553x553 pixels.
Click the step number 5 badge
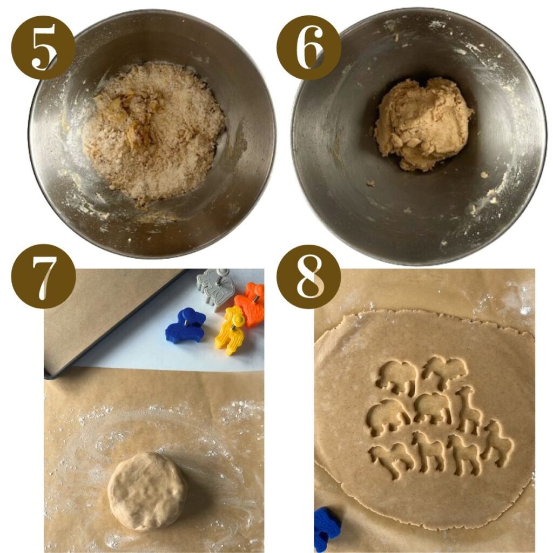[x=43, y=47]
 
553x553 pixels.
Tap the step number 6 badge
[x=308, y=47]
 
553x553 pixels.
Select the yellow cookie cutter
[x=230, y=331]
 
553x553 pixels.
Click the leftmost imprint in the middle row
[x=388, y=417]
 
